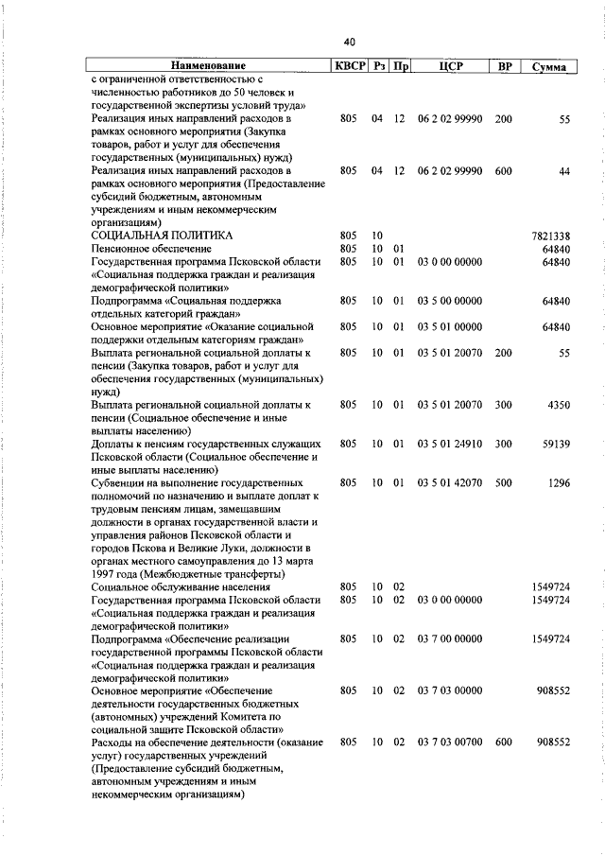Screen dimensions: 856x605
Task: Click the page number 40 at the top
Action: click(349, 42)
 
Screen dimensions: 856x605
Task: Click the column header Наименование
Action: click(208, 66)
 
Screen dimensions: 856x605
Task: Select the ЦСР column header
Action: click(449, 66)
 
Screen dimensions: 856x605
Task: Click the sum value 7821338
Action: click(551, 235)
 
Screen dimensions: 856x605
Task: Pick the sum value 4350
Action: click(558, 405)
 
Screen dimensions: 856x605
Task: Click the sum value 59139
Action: click(554, 444)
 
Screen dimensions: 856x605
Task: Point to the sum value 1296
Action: click(558, 482)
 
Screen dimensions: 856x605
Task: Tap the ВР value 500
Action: click(503, 482)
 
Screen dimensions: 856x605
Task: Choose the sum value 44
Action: click(564, 170)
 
